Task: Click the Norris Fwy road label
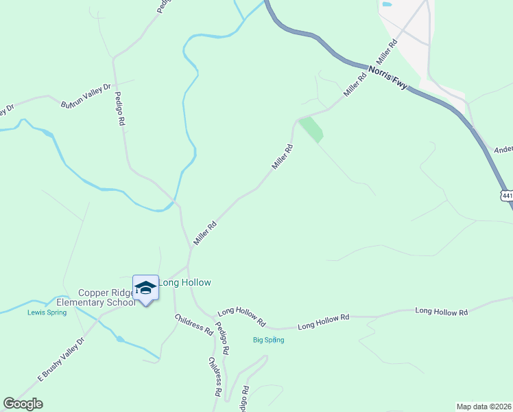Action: click(387, 76)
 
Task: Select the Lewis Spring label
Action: click(47, 312)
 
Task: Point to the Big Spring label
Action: click(268, 340)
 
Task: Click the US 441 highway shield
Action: click(507, 196)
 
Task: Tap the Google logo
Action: click(23, 403)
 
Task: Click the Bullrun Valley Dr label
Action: click(86, 96)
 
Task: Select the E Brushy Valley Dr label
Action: click(60, 359)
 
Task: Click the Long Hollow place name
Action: click(185, 282)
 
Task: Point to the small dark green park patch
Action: click(311, 129)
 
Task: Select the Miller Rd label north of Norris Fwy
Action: click(386, 53)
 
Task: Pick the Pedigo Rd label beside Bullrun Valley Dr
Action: click(120, 108)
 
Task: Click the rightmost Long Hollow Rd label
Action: click(441, 312)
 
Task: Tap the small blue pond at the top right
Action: click(387, 4)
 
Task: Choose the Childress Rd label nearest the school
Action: click(194, 324)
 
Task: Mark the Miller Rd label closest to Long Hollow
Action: click(205, 233)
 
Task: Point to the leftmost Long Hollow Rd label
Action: click(241, 316)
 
